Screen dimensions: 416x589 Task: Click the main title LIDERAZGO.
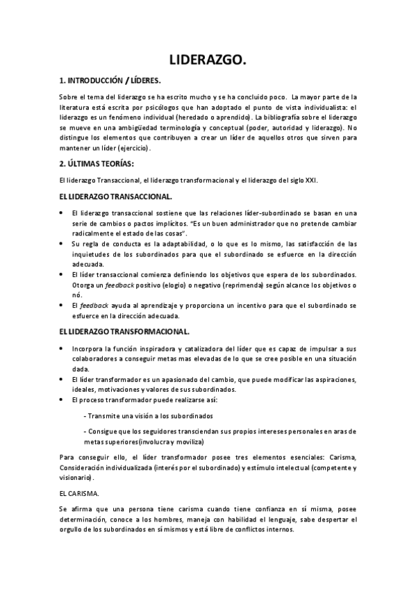[208, 60]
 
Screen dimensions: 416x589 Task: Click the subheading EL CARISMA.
[79, 492]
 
